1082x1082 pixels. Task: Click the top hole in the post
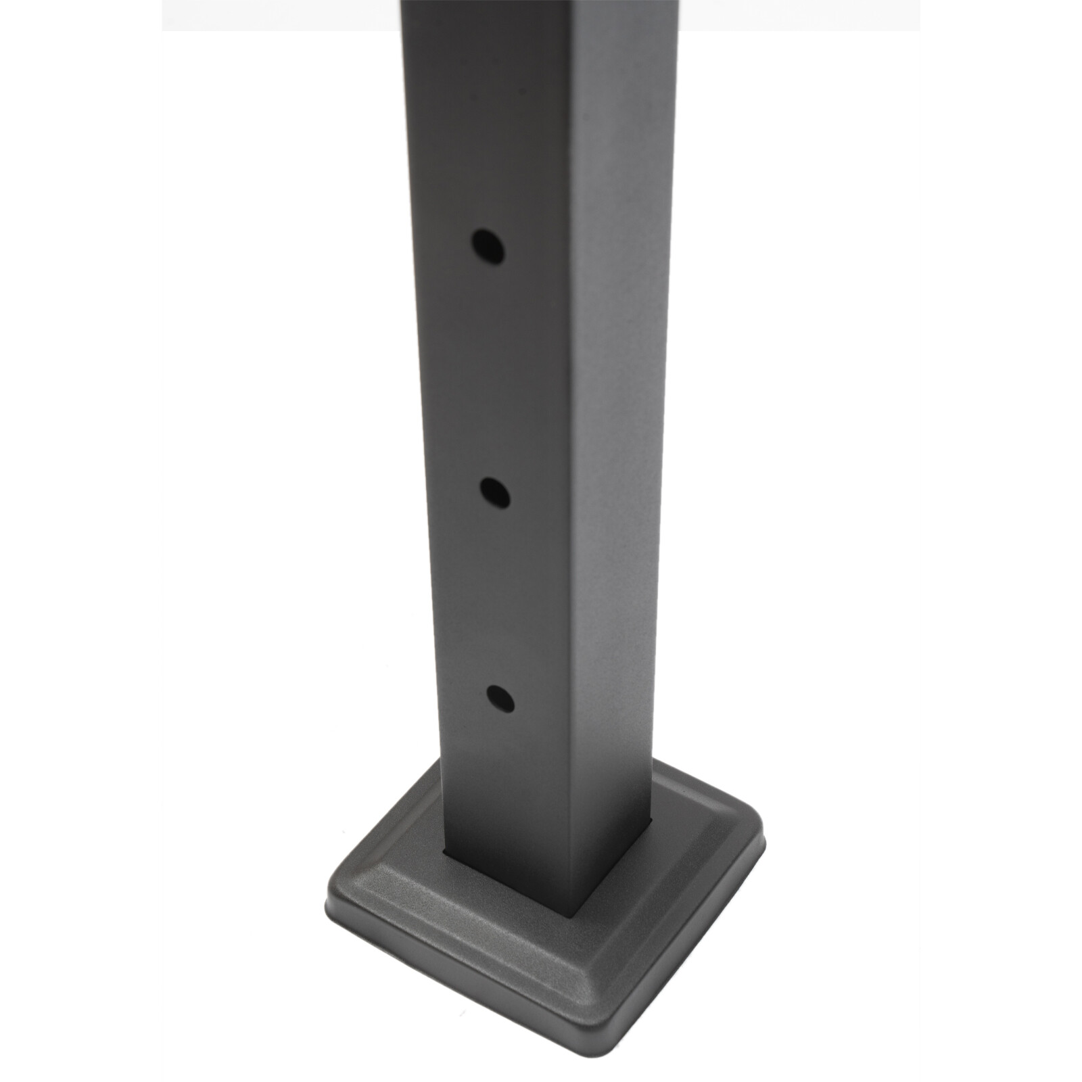click(x=488, y=247)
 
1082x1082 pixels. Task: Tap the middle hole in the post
click(x=496, y=494)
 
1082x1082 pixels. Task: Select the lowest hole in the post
click(x=500, y=699)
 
